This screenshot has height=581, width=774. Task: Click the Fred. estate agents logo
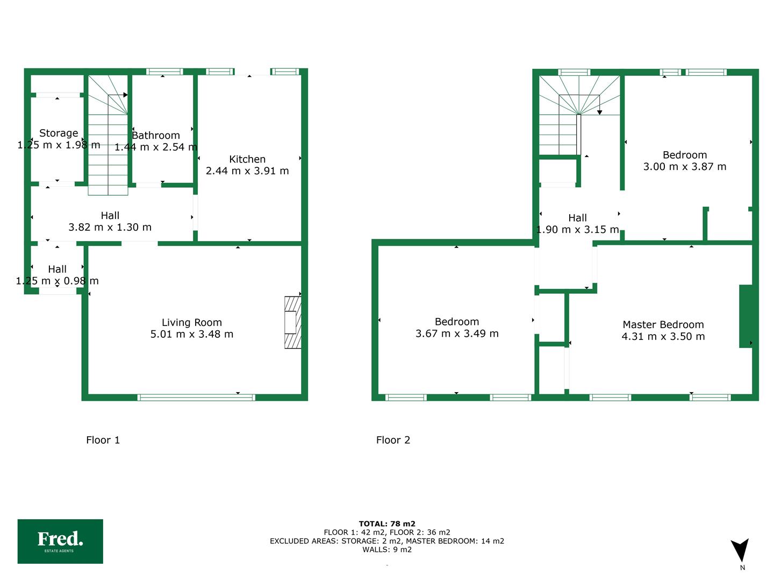coord(60,541)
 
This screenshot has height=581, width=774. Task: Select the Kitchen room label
coord(247,159)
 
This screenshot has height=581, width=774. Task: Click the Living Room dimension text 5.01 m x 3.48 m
coord(192,334)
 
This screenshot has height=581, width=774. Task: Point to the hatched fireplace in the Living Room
coord(293,322)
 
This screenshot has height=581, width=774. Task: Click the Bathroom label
coord(156,136)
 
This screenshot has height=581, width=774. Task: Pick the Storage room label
coord(59,133)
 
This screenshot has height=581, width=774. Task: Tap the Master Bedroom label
coord(663,324)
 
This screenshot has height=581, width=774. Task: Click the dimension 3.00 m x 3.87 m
coord(684,167)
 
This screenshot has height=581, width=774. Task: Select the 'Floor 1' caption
coord(103,440)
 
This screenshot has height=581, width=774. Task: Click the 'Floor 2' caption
coord(393,440)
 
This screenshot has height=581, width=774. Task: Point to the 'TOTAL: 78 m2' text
coord(387,524)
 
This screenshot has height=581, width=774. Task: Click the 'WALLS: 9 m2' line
coord(387,550)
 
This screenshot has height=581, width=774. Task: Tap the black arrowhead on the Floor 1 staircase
coord(125,95)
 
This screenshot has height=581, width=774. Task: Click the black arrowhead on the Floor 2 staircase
coord(599,112)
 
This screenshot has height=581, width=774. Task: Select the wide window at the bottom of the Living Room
coord(196,398)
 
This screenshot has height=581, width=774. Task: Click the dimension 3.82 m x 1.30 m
coord(110,227)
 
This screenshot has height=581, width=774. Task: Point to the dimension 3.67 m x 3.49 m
coord(457,334)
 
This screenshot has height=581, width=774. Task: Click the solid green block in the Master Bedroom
coord(746,316)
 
